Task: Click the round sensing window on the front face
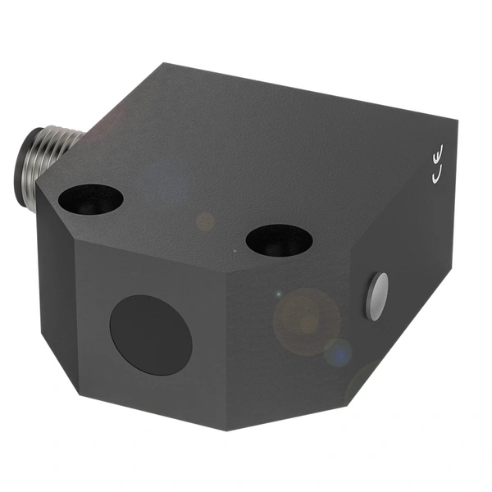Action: tap(151, 335)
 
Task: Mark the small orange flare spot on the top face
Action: tap(206, 221)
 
